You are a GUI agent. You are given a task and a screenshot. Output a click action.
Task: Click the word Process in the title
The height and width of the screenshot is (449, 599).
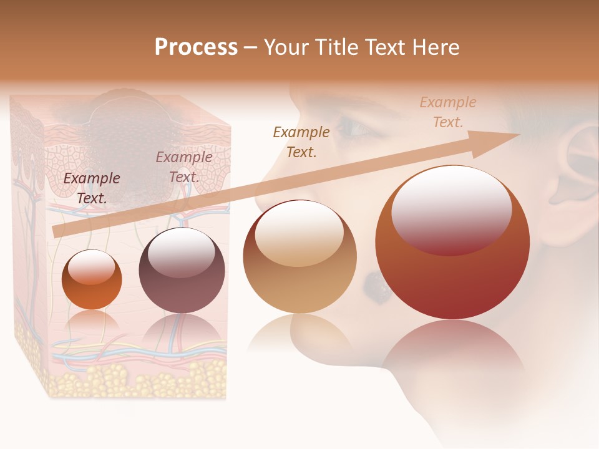coord(196,47)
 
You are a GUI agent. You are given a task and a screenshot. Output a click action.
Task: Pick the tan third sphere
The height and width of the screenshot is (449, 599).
coord(299,256)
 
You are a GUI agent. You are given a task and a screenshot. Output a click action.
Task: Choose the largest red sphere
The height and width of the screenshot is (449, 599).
coord(452,243)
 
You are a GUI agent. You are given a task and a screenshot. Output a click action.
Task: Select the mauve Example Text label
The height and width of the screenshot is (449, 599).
coord(183,167)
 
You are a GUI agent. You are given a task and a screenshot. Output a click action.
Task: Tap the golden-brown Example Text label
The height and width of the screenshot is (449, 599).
coord(301,142)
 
